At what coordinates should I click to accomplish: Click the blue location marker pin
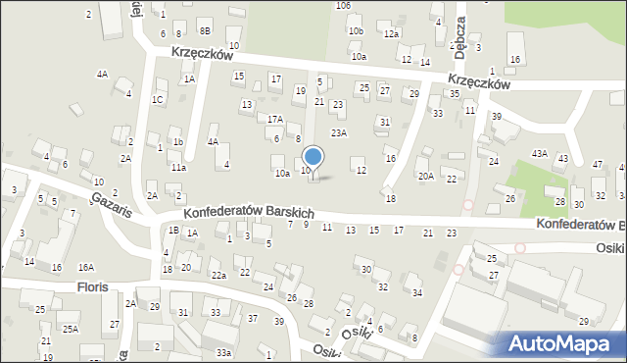313,157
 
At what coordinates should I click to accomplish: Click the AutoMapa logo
558,343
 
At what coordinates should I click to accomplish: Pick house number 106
343,6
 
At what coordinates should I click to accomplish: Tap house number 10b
355,31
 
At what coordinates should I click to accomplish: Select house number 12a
392,34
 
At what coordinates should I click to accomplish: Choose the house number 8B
205,31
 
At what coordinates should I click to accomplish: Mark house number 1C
157,99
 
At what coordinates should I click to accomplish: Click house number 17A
275,120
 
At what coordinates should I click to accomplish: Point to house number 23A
339,133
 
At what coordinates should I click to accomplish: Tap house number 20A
425,177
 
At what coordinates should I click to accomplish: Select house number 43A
539,154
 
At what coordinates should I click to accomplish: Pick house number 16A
86,267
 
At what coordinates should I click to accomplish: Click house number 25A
71,329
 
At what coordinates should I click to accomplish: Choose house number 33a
224,352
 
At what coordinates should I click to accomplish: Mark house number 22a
218,276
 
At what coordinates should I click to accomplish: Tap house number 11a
177,168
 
